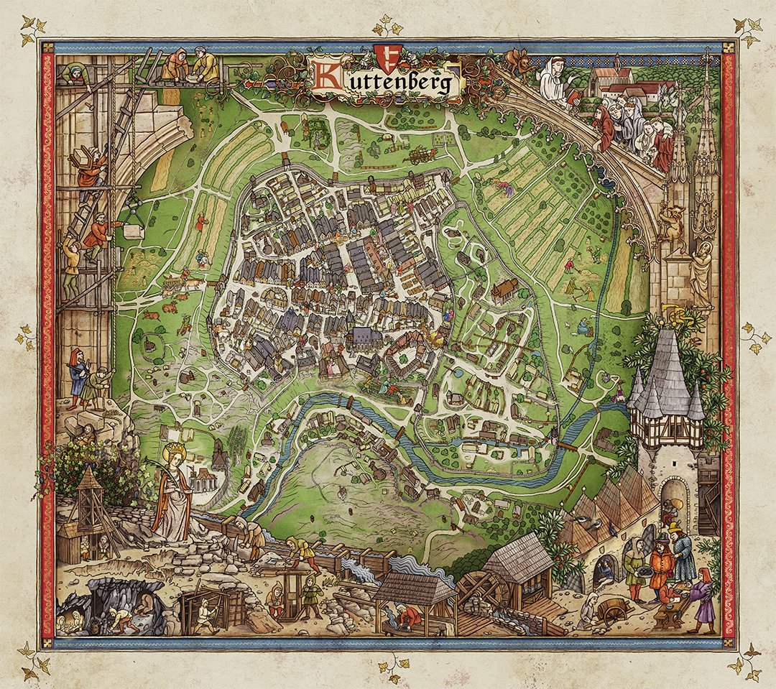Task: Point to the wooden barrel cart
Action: click(611, 610)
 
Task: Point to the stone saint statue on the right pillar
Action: click(701, 273)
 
